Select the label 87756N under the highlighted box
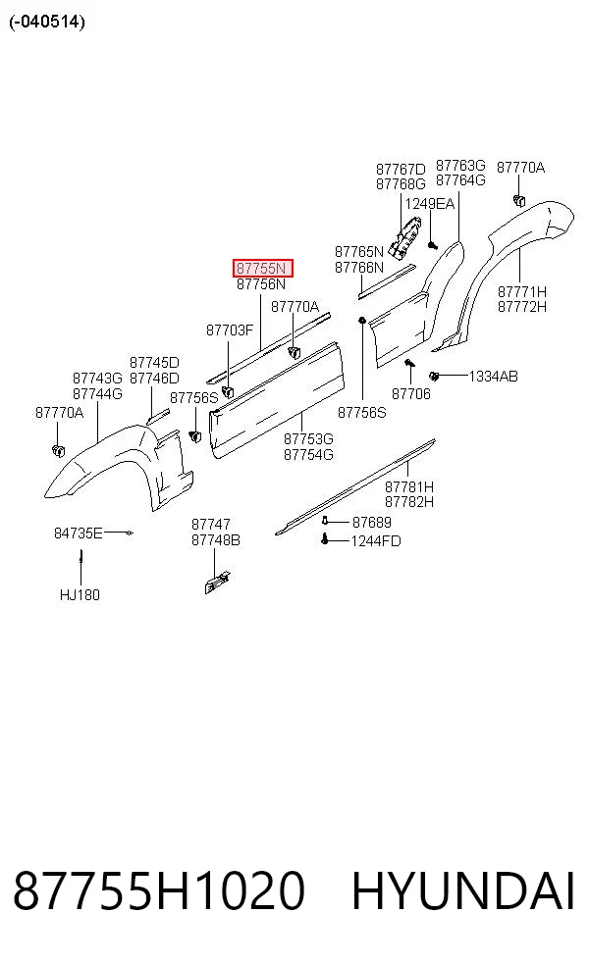[261, 284]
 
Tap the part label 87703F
[230, 330]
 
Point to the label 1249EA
[429, 204]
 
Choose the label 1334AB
[493, 376]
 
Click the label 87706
[411, 394]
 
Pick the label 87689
[371, 523]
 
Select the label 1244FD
[376, 541]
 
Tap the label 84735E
[79, 533]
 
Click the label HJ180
[80, 595]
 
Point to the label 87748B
[216, 540]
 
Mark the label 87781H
[409, 486]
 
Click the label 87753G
[308, 439]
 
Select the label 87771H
[522, 291]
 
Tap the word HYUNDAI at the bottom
[463, 890]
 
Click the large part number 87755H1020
[159, 890]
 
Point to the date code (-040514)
[47, 22]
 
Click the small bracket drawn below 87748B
[218, 583]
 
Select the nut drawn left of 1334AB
[434, 376]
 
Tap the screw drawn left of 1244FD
[325, 539]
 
